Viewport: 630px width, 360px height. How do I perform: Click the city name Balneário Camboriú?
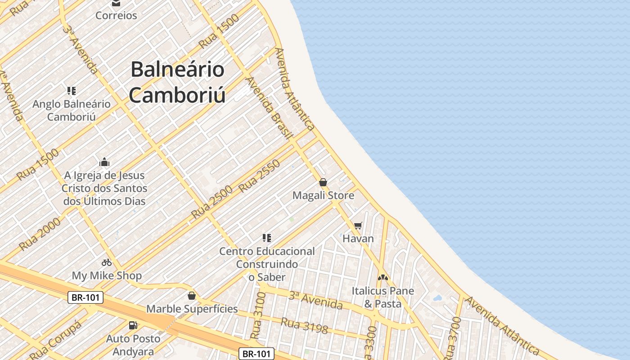coord(177,82)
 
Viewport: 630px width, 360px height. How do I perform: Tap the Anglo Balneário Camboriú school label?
coord(71,110)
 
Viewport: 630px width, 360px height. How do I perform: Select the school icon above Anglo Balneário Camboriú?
coord(71,91)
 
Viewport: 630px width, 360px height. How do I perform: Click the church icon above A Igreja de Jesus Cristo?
coord(104,162)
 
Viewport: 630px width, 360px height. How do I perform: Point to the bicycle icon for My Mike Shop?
coord(107,262)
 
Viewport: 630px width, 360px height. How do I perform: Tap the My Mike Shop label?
coord(107,275)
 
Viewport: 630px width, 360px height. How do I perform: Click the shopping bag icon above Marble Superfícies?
coord(192,296)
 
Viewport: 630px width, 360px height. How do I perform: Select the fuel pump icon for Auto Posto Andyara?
coord(133,325)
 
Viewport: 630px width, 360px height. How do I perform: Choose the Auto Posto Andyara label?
coord(133,345)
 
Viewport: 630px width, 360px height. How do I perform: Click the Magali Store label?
coord(323,196)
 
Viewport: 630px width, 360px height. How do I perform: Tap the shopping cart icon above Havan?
coord(358,225)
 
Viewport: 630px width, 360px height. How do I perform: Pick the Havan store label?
coord(358,238)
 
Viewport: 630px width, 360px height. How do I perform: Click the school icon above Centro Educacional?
coord(267,238)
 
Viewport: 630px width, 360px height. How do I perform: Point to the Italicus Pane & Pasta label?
coord(382,297)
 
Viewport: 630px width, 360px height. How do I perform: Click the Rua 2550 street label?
coord(260,176)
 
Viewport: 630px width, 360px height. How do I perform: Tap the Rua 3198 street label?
coord(304,325)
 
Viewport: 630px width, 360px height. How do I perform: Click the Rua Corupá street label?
coord(56,340)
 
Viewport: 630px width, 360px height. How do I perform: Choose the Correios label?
coord(116,15)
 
